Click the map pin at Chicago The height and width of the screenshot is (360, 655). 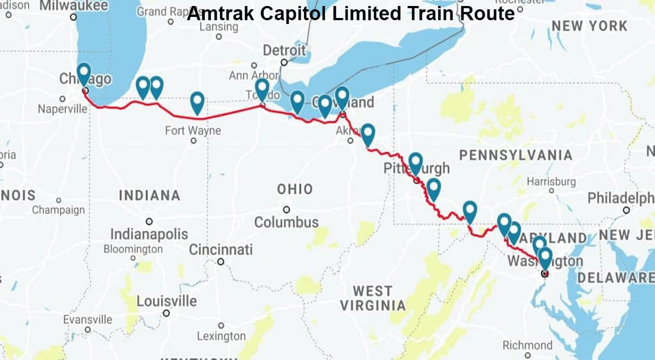(x=84, y=73)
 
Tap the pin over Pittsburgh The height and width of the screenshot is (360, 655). (x=416, y=163)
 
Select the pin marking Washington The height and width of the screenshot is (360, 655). (x=544, y=257)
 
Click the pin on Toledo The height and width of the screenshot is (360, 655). (x=262, y=88)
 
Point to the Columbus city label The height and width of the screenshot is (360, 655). (x=287, y=222)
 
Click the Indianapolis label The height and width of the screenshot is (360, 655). (x=149, y=235)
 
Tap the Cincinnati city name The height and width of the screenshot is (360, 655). (x=221, y=250)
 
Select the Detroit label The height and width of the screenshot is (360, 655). (x=284, y=50)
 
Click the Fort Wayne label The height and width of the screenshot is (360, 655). (x=193, y=130)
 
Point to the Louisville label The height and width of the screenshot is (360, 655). (x=166, y=301)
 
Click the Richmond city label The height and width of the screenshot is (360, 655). (x=527, y=345)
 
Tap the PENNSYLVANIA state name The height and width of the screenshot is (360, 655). (x=515, y=155)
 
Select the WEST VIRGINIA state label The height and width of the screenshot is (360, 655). (x=373, y=298)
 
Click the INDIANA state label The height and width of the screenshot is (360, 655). (x=149, y=195)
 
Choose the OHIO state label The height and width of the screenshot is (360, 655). (x=295, y=189)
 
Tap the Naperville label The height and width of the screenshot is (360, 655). (x=62, y=109)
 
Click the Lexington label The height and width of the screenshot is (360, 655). (x=221, y=336)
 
